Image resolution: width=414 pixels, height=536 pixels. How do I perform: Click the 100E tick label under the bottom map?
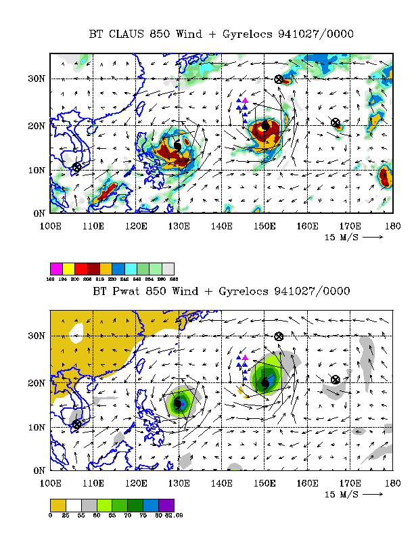coord(51,483)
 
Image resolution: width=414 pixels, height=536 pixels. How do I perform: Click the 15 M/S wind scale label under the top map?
coord(344,238)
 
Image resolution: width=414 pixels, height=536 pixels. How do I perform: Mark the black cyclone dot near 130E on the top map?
coord(178,145)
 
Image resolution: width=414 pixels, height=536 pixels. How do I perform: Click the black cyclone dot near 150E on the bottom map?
coord(265,384)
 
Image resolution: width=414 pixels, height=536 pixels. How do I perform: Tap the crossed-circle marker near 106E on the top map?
coord(76,166)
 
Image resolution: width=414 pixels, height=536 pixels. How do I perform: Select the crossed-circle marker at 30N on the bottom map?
coord(278,336)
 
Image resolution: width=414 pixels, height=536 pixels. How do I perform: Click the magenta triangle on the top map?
coord(245,101)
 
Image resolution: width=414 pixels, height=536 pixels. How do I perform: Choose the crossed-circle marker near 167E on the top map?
coord(336,122)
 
